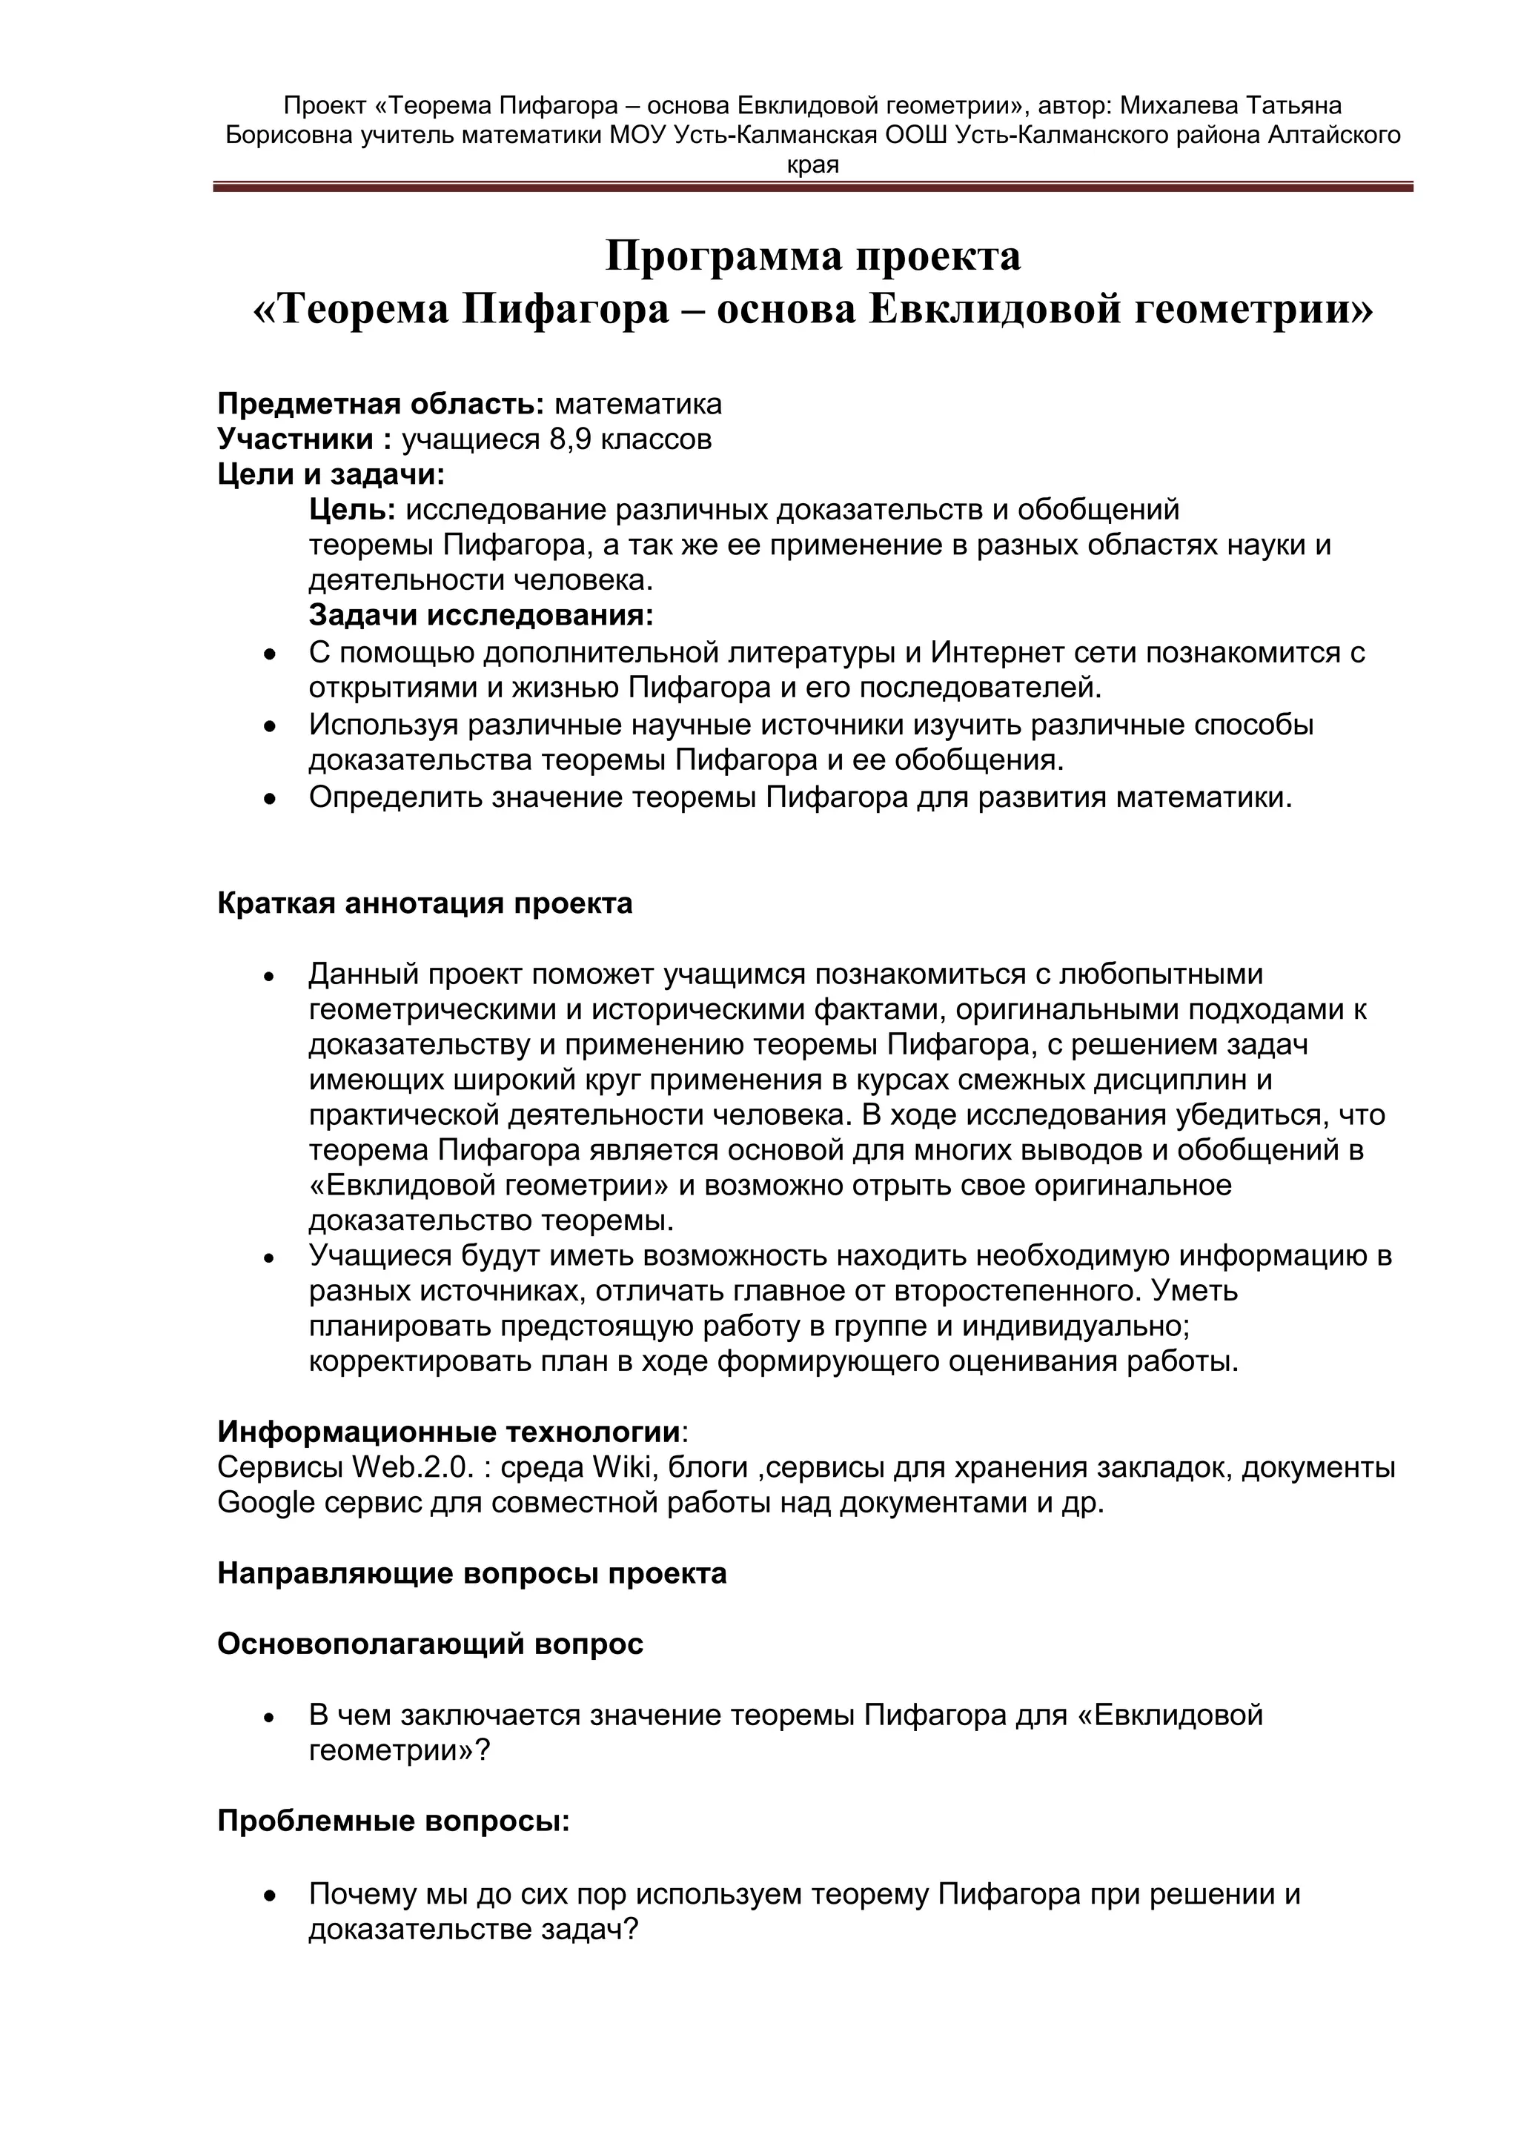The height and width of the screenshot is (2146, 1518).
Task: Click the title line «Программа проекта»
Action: coord(812,256)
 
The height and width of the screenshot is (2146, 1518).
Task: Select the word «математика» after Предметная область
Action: coord(637,404)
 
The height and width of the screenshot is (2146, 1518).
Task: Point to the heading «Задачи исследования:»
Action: coord(481,616)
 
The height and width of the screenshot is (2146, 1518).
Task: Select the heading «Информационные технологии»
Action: coord(448,1432)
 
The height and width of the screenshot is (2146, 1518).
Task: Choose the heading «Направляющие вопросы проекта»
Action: coord(472,1574)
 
